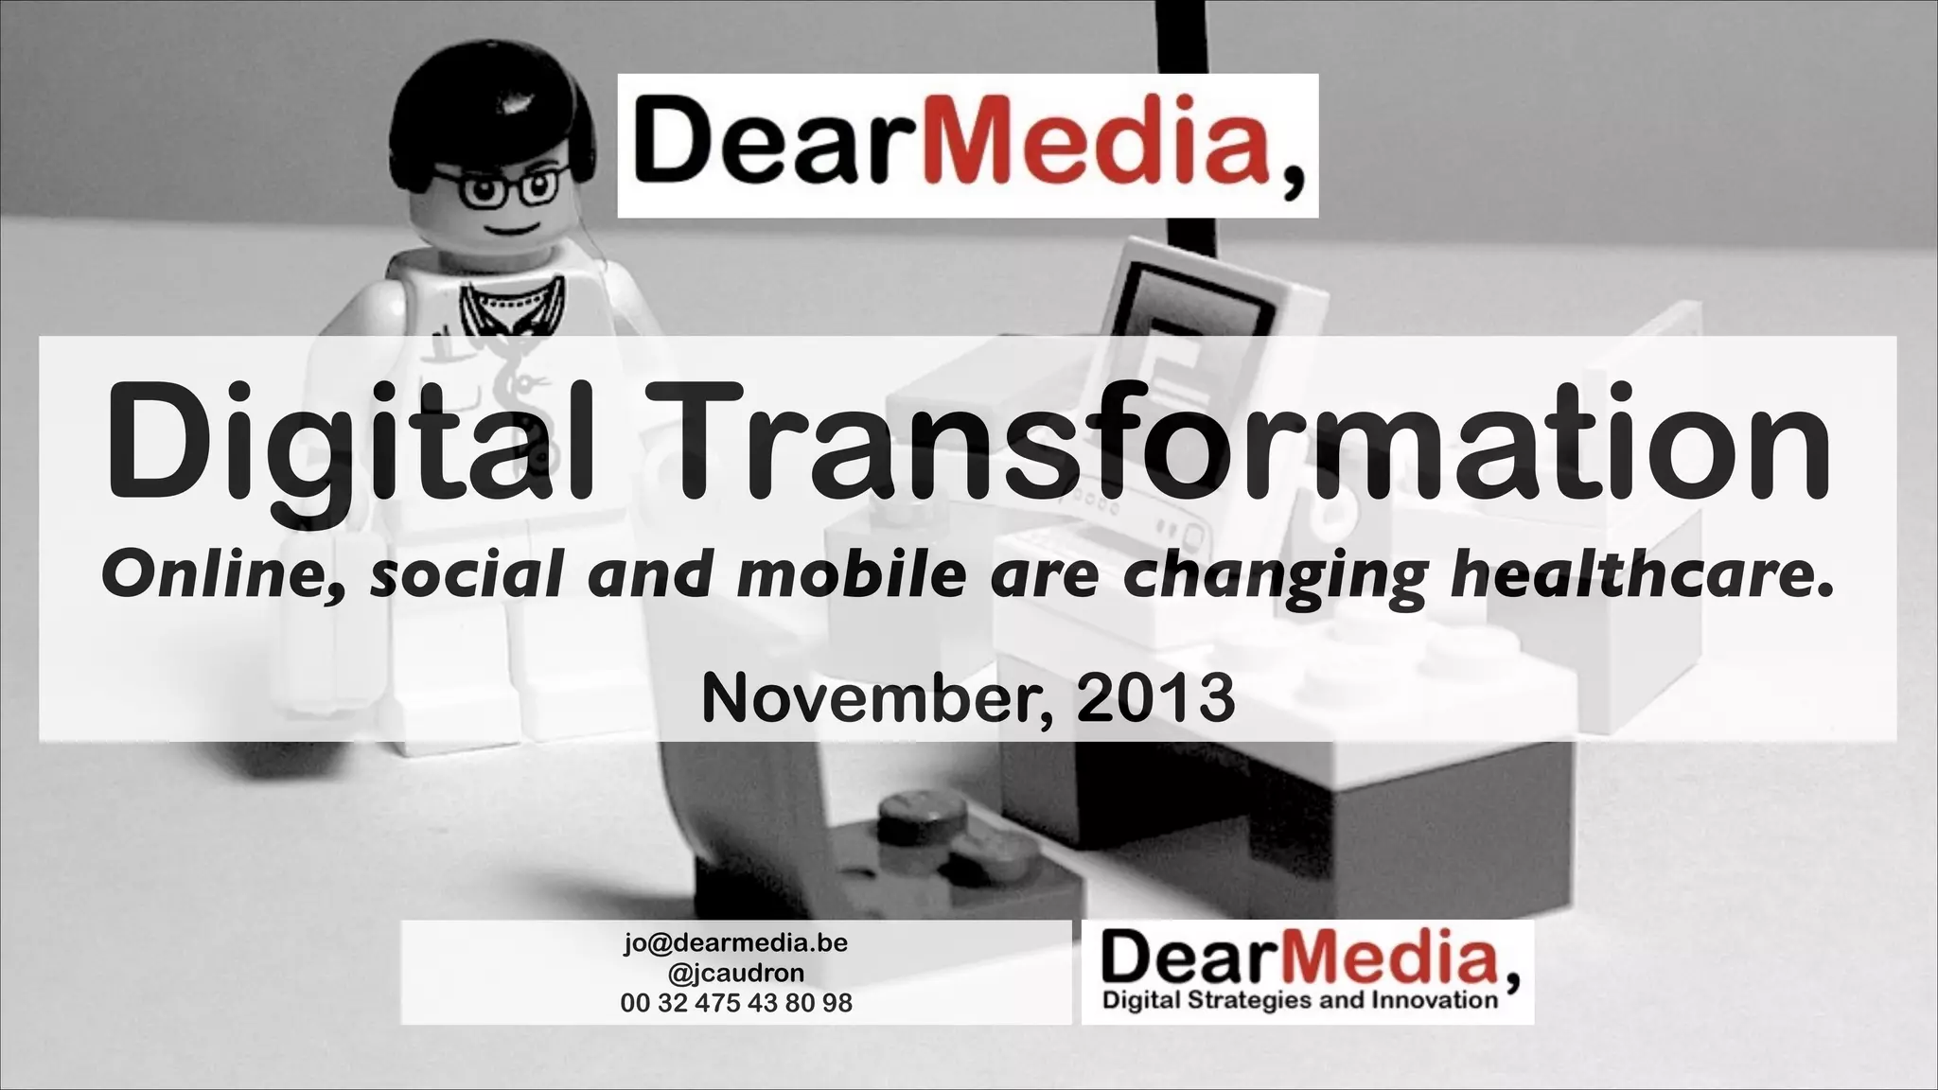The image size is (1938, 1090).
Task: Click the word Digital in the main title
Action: pyautogui.click(x=350, y=443)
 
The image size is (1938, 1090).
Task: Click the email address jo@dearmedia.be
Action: pyautogui.click(x=735, y=943)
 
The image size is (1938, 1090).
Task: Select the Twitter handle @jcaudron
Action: pyautogui.click(x=735, y=973)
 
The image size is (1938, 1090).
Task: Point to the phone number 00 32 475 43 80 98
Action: pyautogui.click(x=735, y=1003)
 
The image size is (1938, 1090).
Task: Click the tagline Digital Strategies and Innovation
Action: pyautogui.click(x=1300, y=1000)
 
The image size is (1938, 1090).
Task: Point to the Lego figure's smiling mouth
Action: pyautogui.click(x=511, y=230)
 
